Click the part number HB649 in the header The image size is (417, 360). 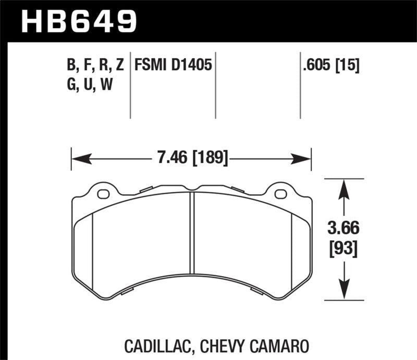coord(78,21)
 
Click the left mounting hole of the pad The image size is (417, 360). coord(103,195)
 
